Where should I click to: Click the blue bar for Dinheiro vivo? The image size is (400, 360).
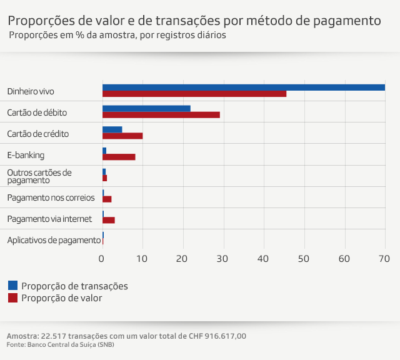click(x=244, y=87)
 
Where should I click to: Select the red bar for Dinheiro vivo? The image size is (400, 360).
click(x=194, y=94)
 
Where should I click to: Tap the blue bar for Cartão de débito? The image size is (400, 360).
click(x=146, y=109)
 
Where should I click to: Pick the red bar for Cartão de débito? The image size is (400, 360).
click(x=161, y=115)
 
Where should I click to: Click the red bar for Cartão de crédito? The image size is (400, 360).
click(x=122, y=136)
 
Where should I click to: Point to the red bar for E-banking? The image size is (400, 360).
click(x=119, y=157)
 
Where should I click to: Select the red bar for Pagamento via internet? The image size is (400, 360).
click(x=109, y=221)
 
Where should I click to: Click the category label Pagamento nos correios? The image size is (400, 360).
click(x=51, y=197)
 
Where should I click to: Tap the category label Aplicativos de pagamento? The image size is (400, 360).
click(x=54, y=240)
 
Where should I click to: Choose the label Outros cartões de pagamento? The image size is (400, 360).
click(x=39, y=176)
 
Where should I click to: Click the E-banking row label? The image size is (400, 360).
click(x=26, y=155)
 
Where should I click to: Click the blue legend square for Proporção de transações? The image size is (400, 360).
click(x=12, y=286)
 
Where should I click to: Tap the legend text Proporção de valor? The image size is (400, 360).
click(x=61, y=298)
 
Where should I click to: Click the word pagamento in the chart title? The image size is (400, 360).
click(x=345, y=21)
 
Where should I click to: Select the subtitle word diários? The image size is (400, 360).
click(x=211, y=35)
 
